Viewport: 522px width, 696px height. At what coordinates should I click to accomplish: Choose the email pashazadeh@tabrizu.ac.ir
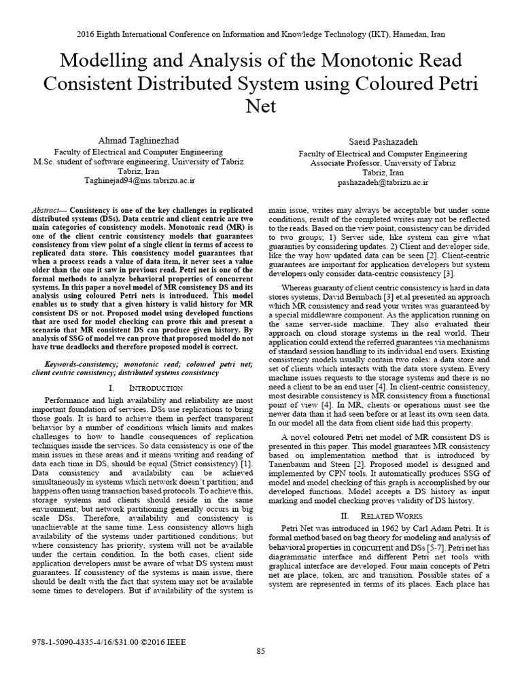[384, 183]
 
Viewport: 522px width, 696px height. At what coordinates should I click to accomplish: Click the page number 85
[260, 670]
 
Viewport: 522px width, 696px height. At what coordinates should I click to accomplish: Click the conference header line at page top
[260, 34]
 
